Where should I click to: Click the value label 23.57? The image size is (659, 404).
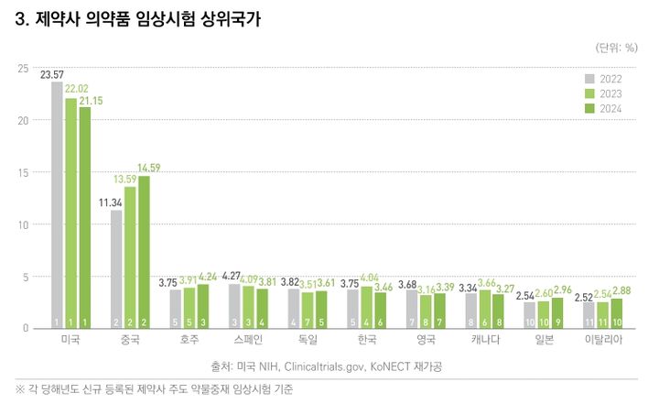52,75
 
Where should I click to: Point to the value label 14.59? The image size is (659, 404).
148,168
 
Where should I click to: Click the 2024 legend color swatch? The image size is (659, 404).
590,109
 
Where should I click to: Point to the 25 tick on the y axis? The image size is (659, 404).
23,69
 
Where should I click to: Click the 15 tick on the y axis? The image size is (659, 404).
23,172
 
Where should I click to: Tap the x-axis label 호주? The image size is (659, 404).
189,340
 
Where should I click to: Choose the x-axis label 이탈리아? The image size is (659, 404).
603,340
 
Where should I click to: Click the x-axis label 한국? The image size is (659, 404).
366,340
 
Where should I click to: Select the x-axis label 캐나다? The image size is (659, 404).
485,340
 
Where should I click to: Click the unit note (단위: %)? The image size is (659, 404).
618,46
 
